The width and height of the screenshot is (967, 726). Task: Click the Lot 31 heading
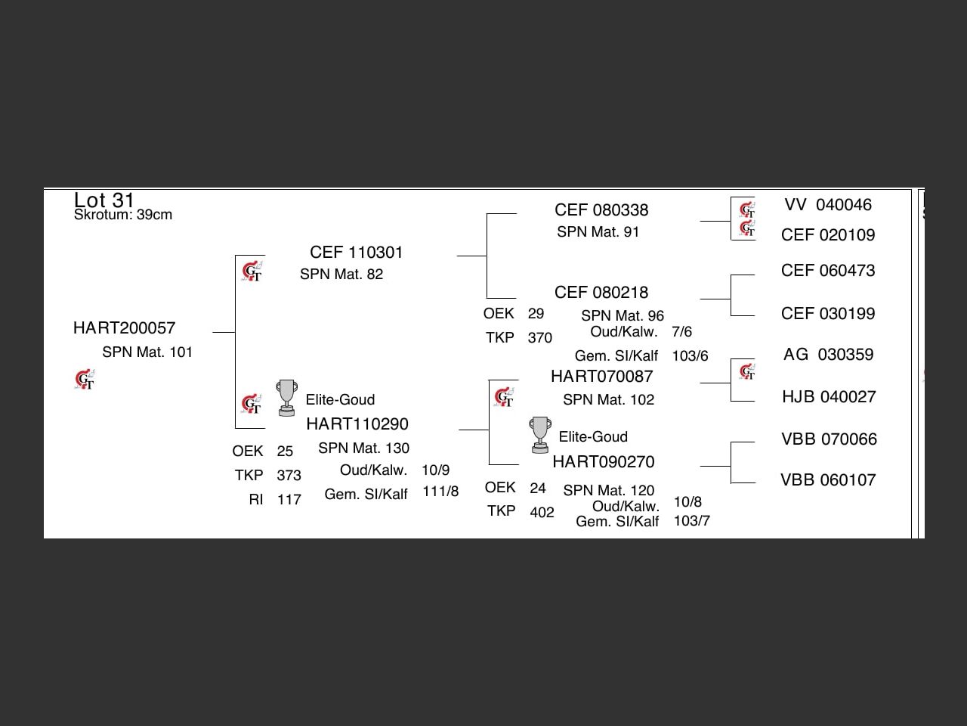[104, 200]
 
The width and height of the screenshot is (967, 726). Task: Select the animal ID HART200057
[124, 328]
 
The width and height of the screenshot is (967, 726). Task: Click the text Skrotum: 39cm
[123, 215]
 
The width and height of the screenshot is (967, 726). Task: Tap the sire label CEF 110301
[356, 253]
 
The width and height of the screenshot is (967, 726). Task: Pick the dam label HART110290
[357, 424]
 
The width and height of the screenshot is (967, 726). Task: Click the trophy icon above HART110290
[286, 398]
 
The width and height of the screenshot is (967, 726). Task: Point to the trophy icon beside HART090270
[539, 435]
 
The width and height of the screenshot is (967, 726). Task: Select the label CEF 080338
[601, 210]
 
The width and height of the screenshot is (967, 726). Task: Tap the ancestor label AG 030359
[828, 355]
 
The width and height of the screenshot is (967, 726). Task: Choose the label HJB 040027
[829, 397]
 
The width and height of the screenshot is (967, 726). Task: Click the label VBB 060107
[828, 480]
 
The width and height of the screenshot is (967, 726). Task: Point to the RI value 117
[289, 500]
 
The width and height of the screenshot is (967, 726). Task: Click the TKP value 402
[542, 513]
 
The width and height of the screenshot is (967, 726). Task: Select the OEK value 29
[536, 314]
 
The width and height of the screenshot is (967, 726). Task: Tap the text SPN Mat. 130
[363, 448]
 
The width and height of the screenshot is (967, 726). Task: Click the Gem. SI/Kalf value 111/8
[440, 492]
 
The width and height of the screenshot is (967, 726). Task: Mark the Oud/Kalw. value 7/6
[681, 332]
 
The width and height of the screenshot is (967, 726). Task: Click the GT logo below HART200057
[85, 380]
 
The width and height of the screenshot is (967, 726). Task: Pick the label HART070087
[601, 377]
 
